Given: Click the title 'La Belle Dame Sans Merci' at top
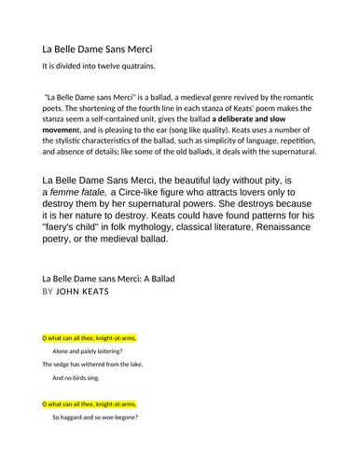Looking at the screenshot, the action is (98, 48).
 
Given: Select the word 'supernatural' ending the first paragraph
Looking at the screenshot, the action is (285, 151).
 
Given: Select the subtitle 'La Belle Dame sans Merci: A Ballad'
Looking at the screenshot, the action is (109, 278).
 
